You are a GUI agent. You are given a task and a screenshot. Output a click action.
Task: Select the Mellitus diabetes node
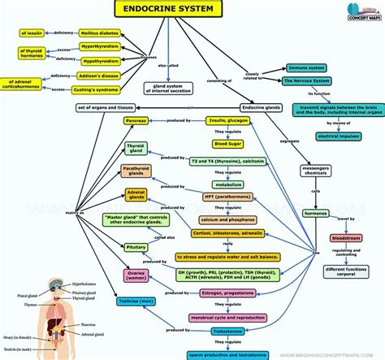[x=100, y=33]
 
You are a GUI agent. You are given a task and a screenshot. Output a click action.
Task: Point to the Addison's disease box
[x=102, y=75]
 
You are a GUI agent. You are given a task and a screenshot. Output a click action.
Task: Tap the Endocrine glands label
[x=263, y=107]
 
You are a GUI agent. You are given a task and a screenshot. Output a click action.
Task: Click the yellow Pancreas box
[x=136, y=121]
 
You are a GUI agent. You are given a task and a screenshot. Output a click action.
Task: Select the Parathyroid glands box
[x=136, y=171]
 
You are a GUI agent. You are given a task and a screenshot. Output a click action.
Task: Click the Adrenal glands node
[x=136, y=196]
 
